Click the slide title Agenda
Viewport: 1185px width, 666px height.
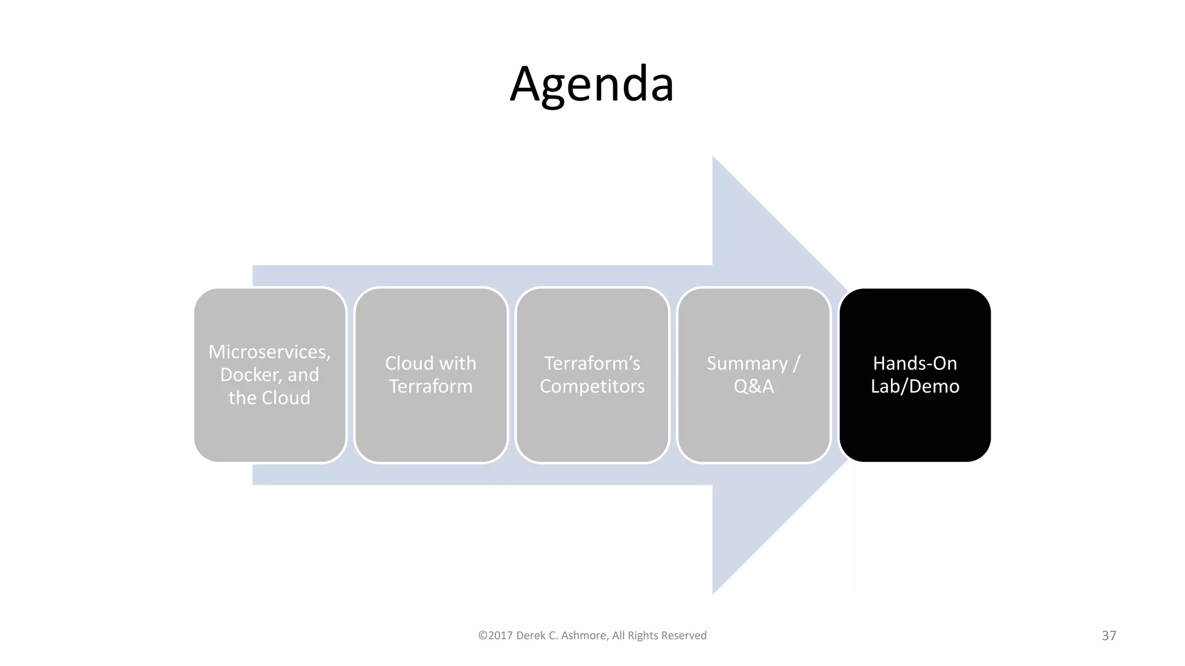pyautogui.click(x=592, y=84)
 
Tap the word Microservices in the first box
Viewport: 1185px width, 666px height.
pyautogui.click(x=269, y=351)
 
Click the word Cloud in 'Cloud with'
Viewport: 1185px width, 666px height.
pyautogui.click(x=409, y=363)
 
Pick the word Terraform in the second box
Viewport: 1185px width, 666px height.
pyautogui.click(x=430, y=386)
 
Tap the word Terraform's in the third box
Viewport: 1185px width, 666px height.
pyautogui.click(x=592, y=363)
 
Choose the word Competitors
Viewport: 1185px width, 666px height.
pyautogui.click(x=592, y=386)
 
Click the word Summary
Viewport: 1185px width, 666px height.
pyautogui.click(x=747, y=363)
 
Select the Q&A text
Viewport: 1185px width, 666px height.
pyautogui.click(x=753, y=386)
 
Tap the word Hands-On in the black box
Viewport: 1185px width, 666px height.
pyautogui.click(x=915, y=363)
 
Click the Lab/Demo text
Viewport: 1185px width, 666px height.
pyautogui.click(x=915, y=386)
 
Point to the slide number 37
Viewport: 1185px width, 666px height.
pyautogui.click(x=1109, y=635)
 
